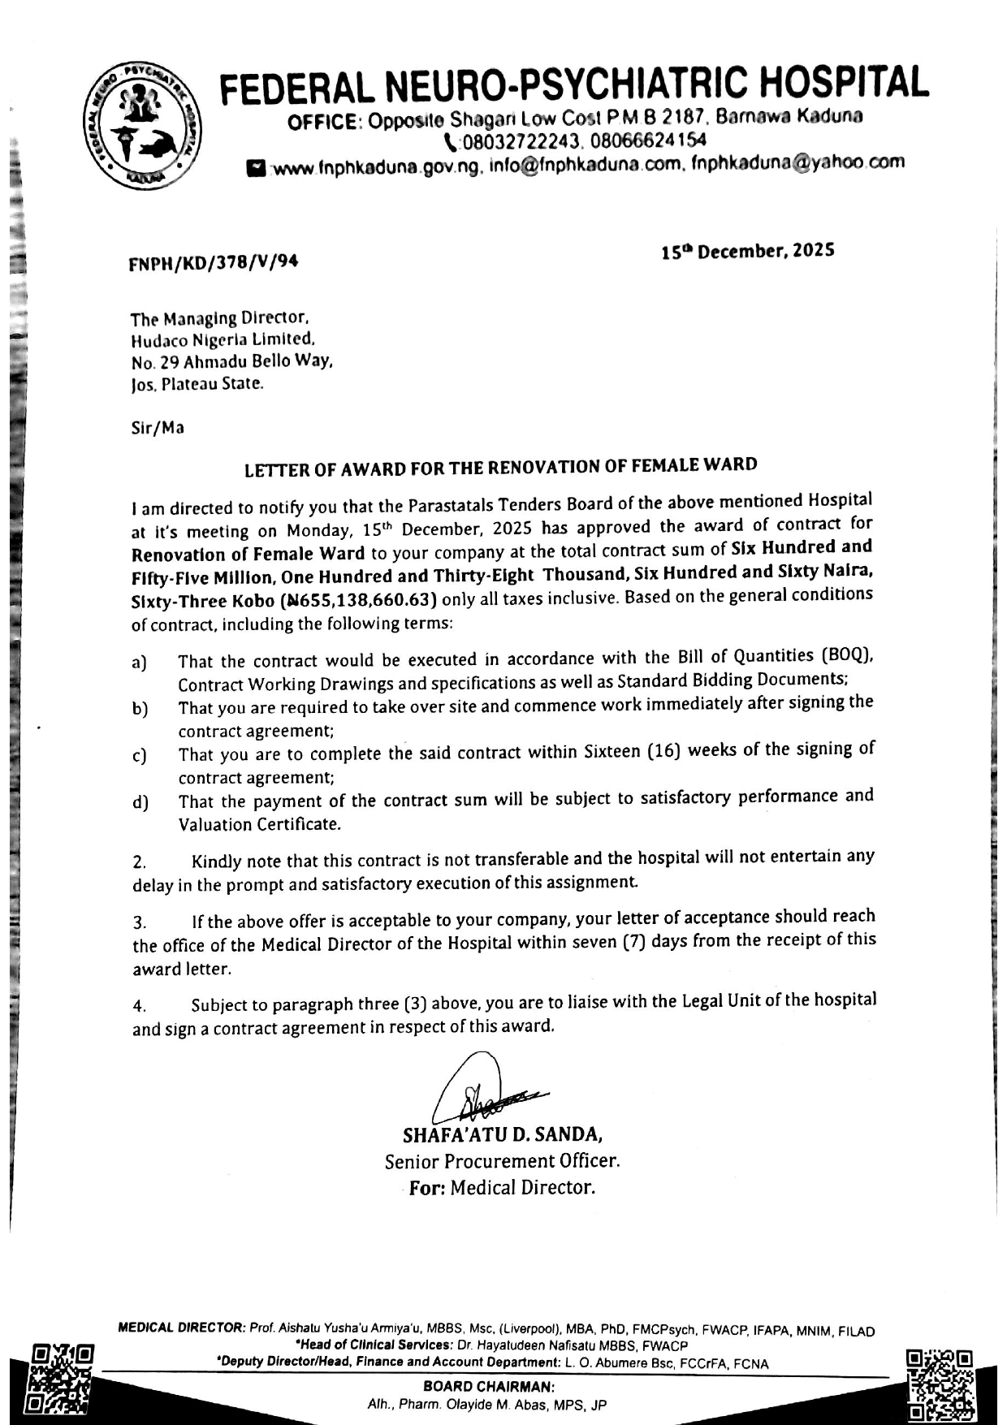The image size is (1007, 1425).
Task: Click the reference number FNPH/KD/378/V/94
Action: pos(214,261)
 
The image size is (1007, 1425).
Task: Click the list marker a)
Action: pos(139,662)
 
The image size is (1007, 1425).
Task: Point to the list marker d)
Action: pos(140,803)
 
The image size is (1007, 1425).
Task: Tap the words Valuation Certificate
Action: pos(259,824)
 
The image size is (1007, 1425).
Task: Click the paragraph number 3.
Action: pos(139,922)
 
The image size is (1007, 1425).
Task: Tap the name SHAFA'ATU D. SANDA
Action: pos(502,1133)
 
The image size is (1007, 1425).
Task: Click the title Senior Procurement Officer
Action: pos(502,1160)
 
